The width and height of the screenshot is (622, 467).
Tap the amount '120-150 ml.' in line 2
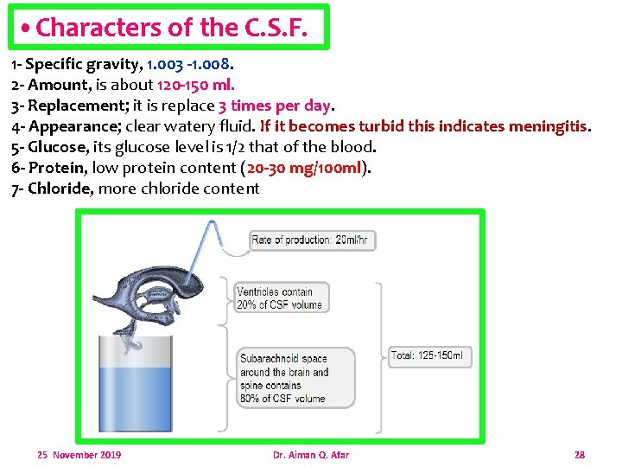coord(195,85)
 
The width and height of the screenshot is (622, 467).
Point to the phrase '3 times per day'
coord(275,106)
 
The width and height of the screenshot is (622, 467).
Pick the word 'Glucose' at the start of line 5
coord(58,147)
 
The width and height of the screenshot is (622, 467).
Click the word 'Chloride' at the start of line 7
coord(60,189)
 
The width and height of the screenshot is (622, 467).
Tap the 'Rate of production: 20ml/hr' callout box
coord(313,240)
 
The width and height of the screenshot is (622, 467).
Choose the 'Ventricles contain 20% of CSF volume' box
coord(279,298)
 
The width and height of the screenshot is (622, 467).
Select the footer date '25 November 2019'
coord(79,455)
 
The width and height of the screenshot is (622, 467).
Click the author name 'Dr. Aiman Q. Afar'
coord(310,455)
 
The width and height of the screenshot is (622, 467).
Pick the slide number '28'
coord(580,455)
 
